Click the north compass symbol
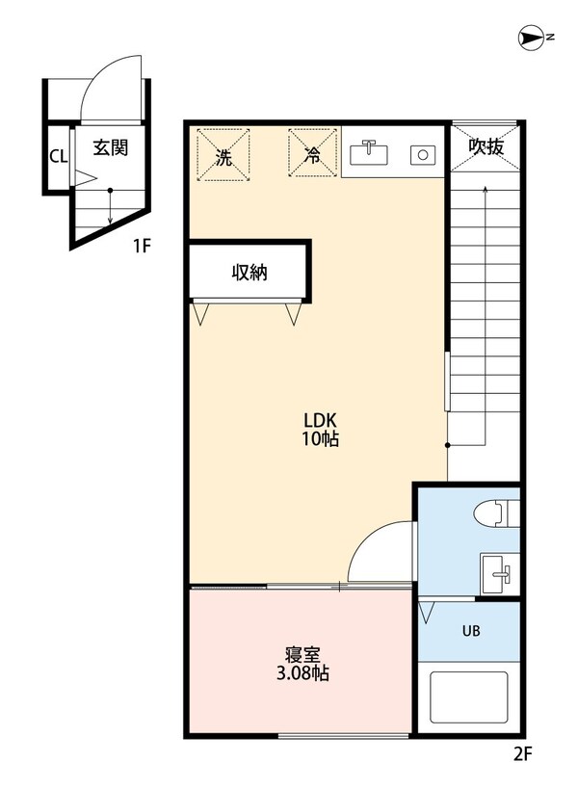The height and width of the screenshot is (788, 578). click(533, 38)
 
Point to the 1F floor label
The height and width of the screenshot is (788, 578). click(142, 246)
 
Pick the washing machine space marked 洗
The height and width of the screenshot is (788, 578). click(223, 154)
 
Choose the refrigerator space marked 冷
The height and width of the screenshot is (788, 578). click(313, 154)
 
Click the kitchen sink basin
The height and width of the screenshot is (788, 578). click(367, 152)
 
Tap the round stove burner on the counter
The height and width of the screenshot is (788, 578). click(421, 152)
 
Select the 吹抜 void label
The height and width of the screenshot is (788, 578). click(486, 146)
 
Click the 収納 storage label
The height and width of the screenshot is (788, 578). click(249, 273)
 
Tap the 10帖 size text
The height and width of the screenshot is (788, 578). click(319, 440)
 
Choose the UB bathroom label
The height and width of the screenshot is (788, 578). click(470, 632)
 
